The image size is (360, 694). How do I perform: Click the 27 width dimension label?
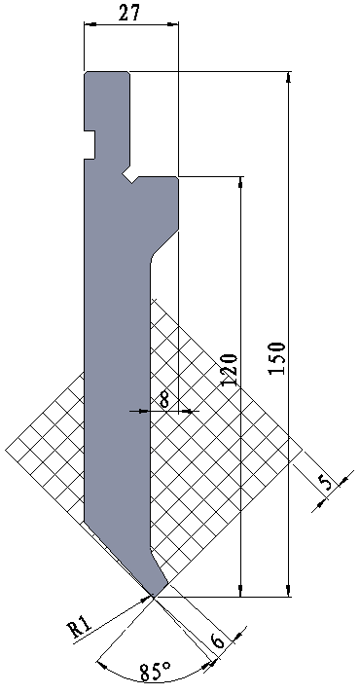coord(129,14)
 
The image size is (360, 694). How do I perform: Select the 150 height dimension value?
coord(277,358)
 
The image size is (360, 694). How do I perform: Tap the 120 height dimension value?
coord(229,370)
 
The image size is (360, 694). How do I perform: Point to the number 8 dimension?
coord(164,401)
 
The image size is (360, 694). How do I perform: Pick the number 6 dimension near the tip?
coord(218,640)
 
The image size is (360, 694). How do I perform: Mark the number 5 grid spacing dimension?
coord(326,482)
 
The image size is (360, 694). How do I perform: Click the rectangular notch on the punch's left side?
coord(90,145)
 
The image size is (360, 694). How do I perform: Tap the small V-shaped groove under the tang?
coord(131,176)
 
